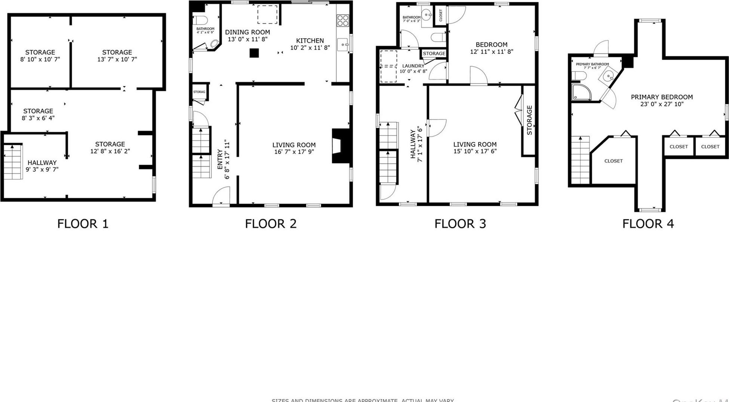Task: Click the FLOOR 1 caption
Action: tap(83, 223)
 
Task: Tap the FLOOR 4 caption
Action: tap(648, 223)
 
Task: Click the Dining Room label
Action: tap(247, 32)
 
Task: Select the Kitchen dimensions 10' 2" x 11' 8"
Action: tap(310, 48)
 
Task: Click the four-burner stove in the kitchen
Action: tap(343, 20)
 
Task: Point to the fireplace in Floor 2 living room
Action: tap(341, 146)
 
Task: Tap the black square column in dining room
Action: tap(254, 53)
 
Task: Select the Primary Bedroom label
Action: tap(662, 97)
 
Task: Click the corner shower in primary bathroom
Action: tap(581, 92)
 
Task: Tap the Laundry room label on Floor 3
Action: tap(413, 66)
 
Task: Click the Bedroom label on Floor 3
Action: tap(491, 45)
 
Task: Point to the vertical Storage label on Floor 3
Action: tap(529, 120)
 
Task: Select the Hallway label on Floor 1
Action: tap(42, 162)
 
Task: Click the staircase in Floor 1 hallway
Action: tap(13, 162)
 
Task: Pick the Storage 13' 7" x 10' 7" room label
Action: tap(117, 52)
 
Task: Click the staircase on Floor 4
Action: tap(580, 160)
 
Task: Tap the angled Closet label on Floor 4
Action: tap(613, 161)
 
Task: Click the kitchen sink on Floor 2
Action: tap(343, 45)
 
